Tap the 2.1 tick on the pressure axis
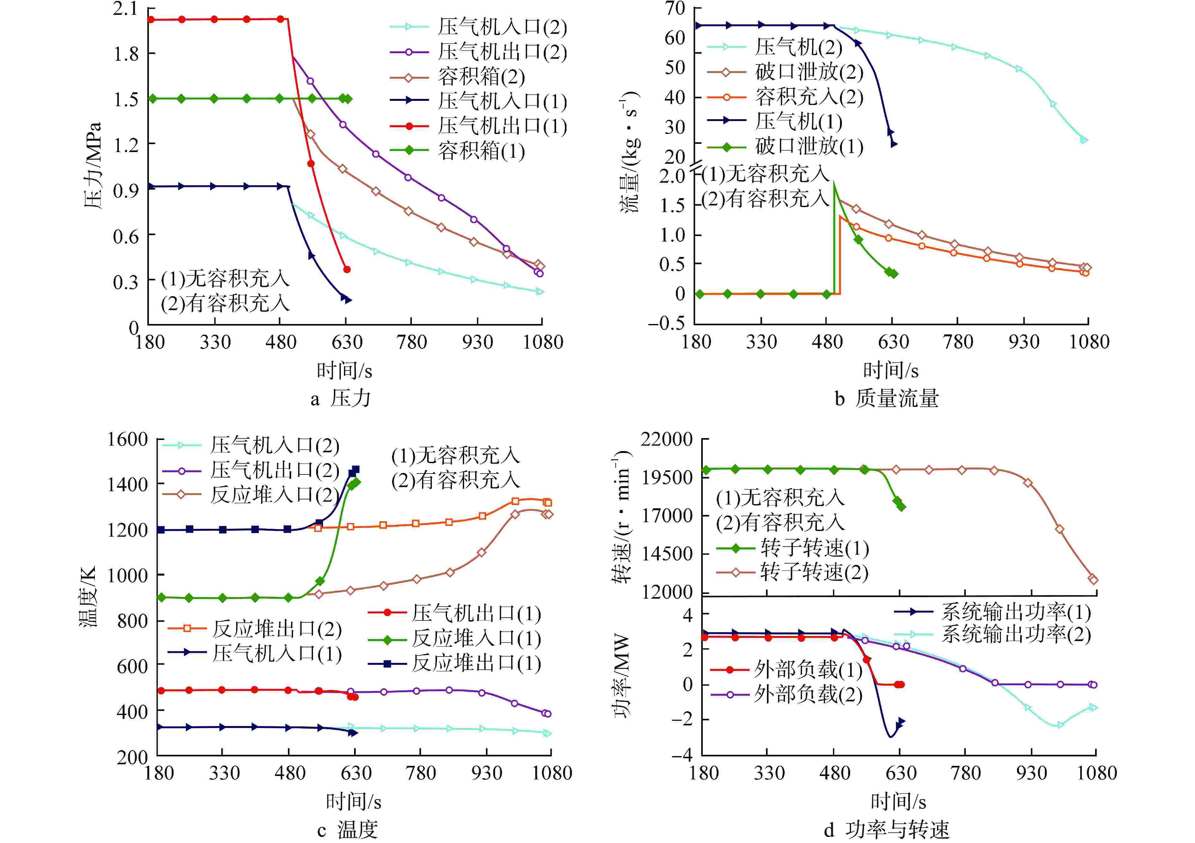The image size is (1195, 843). pos(126,9)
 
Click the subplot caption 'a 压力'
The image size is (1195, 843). pos(341,399)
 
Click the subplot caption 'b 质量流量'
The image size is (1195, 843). pos(887,399)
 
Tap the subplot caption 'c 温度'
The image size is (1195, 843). pos(348,829)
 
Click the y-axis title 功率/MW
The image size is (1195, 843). pos(622,676)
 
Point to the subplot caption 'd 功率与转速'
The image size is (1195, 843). pos(887,829)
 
